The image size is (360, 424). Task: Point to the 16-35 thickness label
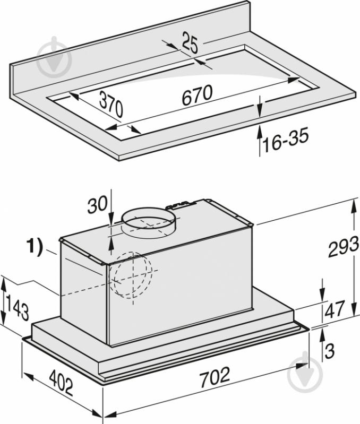tap(286, 140)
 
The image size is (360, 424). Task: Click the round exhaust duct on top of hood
tap(148, 222)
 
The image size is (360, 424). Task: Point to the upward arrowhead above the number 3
tap(322, 333)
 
